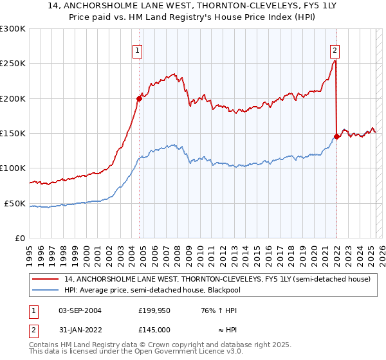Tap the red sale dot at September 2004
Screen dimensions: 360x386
coord(139,98)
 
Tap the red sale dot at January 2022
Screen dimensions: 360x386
coord(336,136)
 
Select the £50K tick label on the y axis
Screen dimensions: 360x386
coord(15,203)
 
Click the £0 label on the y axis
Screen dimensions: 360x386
coord(20,238)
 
